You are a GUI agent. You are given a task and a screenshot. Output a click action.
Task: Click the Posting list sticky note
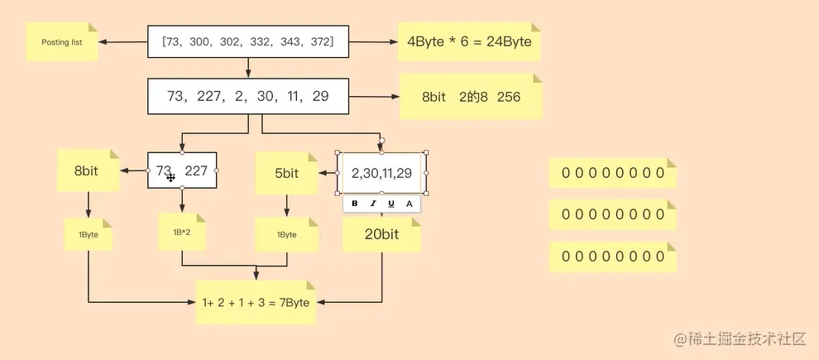(61, 42)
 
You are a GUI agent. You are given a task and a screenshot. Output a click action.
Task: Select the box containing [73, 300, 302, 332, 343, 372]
(248, 41)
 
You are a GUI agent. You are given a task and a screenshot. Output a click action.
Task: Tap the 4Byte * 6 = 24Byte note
(468, 41)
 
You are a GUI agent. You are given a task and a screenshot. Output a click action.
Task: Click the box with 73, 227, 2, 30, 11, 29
(248, 96)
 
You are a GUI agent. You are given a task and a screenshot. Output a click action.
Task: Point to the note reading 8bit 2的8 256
(471, 97)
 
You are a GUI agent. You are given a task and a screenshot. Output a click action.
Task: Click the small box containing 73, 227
(182, 170)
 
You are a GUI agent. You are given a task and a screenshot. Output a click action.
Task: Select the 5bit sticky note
(286, 174)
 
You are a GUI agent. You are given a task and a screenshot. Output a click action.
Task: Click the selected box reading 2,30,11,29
(381, 172)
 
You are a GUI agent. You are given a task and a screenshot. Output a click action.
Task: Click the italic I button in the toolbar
(372, 204)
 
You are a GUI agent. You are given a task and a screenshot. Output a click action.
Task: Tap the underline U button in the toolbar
(390, 204)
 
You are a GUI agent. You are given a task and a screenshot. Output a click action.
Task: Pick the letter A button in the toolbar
(409, 204)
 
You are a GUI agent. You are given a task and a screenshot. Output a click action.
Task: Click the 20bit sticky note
(381, 235)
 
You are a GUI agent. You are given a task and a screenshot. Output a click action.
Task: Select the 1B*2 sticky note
(182, 232)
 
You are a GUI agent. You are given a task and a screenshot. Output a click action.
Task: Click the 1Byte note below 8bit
(88, 235)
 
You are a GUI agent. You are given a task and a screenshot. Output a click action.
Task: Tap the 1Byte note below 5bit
(286, 235)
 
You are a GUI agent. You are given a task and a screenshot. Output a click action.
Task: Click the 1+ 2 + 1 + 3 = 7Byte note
(256, 302)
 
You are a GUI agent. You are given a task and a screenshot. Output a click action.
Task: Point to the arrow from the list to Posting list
(122, 42)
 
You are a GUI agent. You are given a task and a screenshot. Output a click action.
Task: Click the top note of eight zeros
(613, 173)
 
